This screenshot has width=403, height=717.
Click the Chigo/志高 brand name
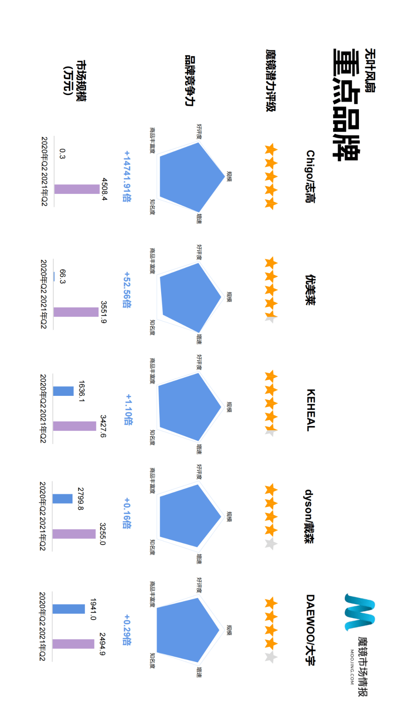point(310,177)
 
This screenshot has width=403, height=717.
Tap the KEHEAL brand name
point(310,410)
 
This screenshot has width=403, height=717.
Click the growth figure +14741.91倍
point(127,176)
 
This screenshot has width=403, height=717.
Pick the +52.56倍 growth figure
point(127,290)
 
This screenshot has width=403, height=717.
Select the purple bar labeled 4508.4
point(77,189)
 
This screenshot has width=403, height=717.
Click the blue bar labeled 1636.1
point(63,391)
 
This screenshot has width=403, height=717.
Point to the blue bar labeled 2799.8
point(63,499)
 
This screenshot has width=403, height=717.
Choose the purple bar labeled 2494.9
point(73,644)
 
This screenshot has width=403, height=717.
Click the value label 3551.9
point(104,312)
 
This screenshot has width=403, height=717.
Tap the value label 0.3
point(62,154)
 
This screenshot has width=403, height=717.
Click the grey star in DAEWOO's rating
point(271,657)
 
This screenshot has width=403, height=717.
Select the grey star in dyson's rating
point(271,544)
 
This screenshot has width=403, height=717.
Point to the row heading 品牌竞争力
point(190,81)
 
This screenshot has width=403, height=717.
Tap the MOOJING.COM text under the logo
point(352,667)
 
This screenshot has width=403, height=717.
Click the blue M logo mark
point(359,612)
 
